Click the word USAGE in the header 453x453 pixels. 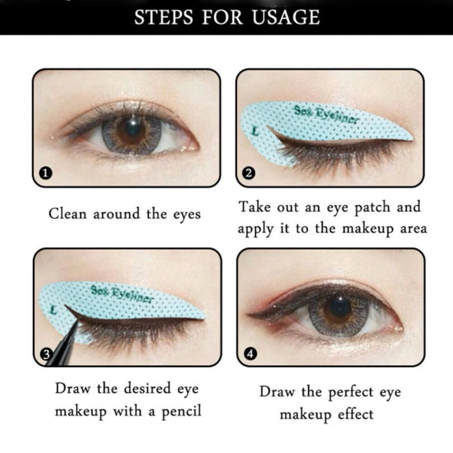[x=286, y=18]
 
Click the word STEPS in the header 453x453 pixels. [x=164, y=18]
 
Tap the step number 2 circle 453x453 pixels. [x=249, y=173]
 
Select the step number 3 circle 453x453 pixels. [x=46, y=354]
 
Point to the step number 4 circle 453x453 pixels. [x=250, y=354]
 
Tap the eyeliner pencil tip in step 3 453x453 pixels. [x=77, y=322]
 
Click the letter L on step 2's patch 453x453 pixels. [x=255, y=132]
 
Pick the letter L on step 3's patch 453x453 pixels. [x=53, y=310]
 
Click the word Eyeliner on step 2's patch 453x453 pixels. [x=336, y=116]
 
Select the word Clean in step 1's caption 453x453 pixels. [x=67, y=214]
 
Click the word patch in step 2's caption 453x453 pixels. [x=372, y=208]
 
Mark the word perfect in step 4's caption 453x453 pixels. [x=351, y=393]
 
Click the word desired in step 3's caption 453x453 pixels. [x=147, y=388]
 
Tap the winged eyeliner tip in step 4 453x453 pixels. [x=247, y=314]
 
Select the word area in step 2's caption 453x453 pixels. [x=413, y=229]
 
